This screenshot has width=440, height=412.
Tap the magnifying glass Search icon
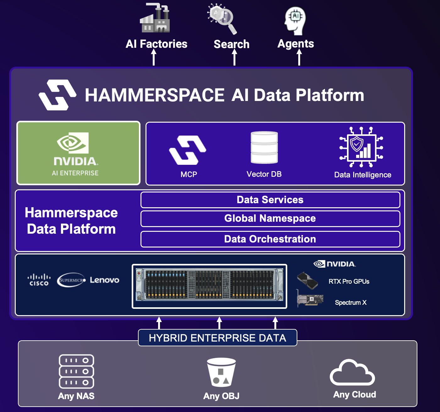click(x=223, y=18)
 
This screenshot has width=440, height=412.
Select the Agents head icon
click(x=295, y=20)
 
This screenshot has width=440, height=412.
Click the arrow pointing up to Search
click(x=234, y=57)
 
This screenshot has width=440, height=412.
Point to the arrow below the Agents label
click(x=299, y=57)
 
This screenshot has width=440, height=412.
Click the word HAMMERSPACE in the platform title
click(x=155, y=95)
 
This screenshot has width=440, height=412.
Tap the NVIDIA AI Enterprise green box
click(x=78, y=153)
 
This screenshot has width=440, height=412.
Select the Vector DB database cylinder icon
click(x=264, y=148)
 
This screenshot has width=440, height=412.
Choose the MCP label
click(x=189, y=175)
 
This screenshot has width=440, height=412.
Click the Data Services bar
click(x=270, y=200)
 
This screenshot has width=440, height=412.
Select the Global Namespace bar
click(x=270, y=219)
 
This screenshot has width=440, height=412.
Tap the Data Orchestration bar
click(x=270, y=239)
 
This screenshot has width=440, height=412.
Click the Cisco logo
click(x=39, y=280)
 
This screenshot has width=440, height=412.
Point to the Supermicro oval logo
click(x=71, y=280)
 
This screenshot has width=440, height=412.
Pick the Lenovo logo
click(x=105, y=280)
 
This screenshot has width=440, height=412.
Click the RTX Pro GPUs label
click(x=349, y=281)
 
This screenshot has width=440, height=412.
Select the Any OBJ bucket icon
click(x=221, y=372)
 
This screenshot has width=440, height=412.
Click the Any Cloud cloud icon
click(x=352, y=373)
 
